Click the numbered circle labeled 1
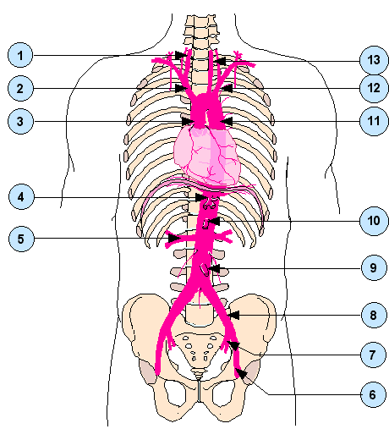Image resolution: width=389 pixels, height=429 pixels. point(20,55)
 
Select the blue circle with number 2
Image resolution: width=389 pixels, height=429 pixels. point(20,88)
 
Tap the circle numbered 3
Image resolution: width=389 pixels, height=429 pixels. point(20,121)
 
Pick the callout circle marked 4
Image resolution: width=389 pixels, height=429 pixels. point(21,196)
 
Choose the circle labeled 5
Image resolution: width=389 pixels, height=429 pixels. point(21,239)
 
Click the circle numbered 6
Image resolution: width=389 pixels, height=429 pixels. point(373,394)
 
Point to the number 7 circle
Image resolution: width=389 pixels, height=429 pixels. point(373,355)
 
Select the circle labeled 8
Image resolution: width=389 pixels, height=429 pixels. point(374,315)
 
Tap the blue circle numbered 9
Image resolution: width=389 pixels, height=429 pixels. point(374,267)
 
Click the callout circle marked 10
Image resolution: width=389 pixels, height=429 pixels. point(374,221)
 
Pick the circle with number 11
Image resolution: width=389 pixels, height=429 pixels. point(374,121)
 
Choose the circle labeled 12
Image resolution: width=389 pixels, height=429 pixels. point(374,88)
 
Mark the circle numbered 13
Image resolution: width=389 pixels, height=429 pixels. point(374,60)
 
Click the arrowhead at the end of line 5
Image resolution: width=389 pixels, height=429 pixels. point(174,239)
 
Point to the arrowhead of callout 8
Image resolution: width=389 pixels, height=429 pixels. point(234,315)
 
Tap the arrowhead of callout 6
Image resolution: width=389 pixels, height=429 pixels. point(242,373)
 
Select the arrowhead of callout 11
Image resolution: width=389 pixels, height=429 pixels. point(227,121)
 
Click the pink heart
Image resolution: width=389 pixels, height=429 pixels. point(207,155)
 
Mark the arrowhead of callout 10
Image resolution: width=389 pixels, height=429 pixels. point(214,221)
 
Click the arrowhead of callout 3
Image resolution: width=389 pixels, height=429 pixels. point(188,122)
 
